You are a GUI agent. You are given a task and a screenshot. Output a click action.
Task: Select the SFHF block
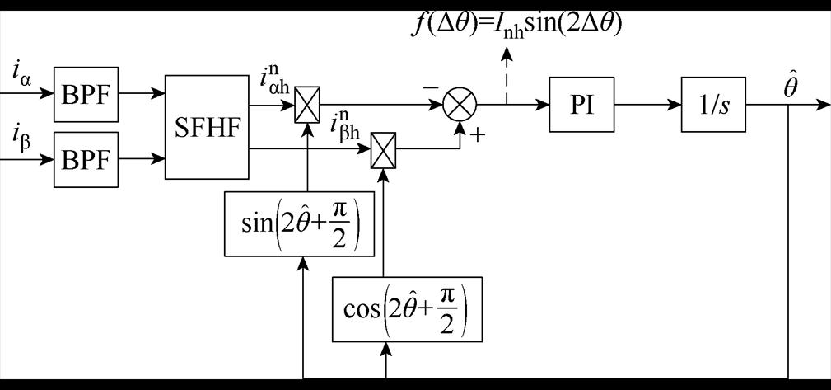click(207, 126)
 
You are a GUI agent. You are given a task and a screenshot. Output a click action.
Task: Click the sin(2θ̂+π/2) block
click(306, 223)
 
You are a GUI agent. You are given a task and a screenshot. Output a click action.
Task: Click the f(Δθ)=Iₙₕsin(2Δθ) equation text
click(517, 22)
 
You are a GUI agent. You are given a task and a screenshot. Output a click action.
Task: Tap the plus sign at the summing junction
click(475, 134)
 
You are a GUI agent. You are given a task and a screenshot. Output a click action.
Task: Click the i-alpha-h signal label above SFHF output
click(274, 82)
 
